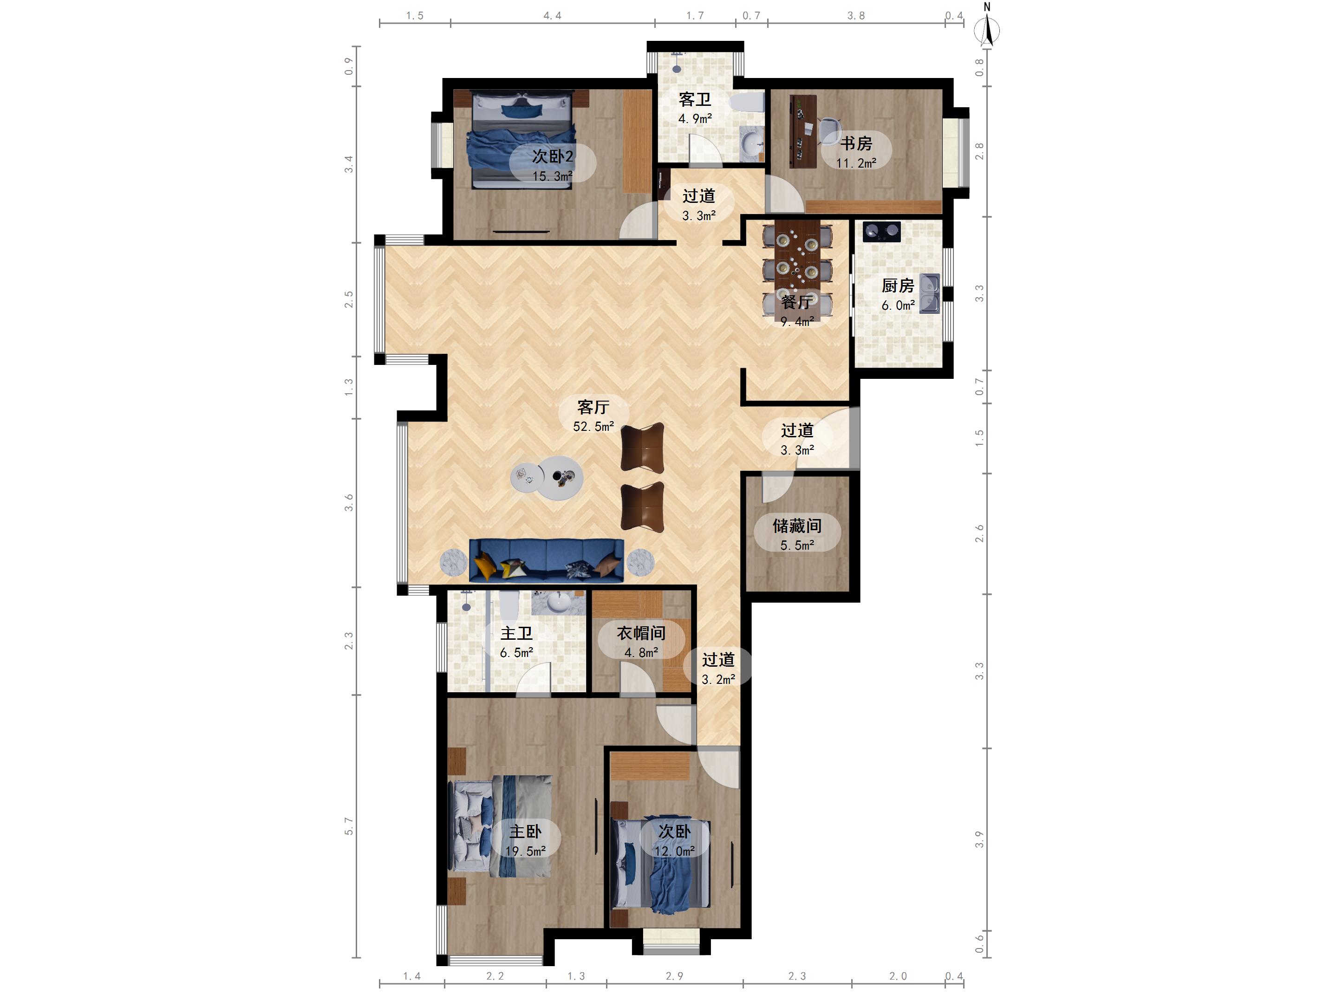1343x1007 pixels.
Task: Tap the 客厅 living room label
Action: [x=593, y=407]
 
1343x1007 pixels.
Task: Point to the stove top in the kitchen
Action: [x=881, y=231]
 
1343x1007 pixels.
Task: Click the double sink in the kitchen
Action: [x=930, y=293]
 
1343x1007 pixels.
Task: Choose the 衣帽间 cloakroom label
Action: [x=641, y=633]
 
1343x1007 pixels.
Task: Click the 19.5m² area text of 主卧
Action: [x=526, y=851]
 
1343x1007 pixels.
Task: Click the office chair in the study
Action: [x=829, y=130]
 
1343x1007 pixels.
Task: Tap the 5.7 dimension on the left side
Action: [x=348, y=826]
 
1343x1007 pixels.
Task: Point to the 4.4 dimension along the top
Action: [x=553, y=16]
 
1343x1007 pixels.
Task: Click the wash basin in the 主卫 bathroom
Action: [x=559, y=602]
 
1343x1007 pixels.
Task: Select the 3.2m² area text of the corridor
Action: [x=718, y=679]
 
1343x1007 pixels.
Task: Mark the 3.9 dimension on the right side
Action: [x=979, y=839]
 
